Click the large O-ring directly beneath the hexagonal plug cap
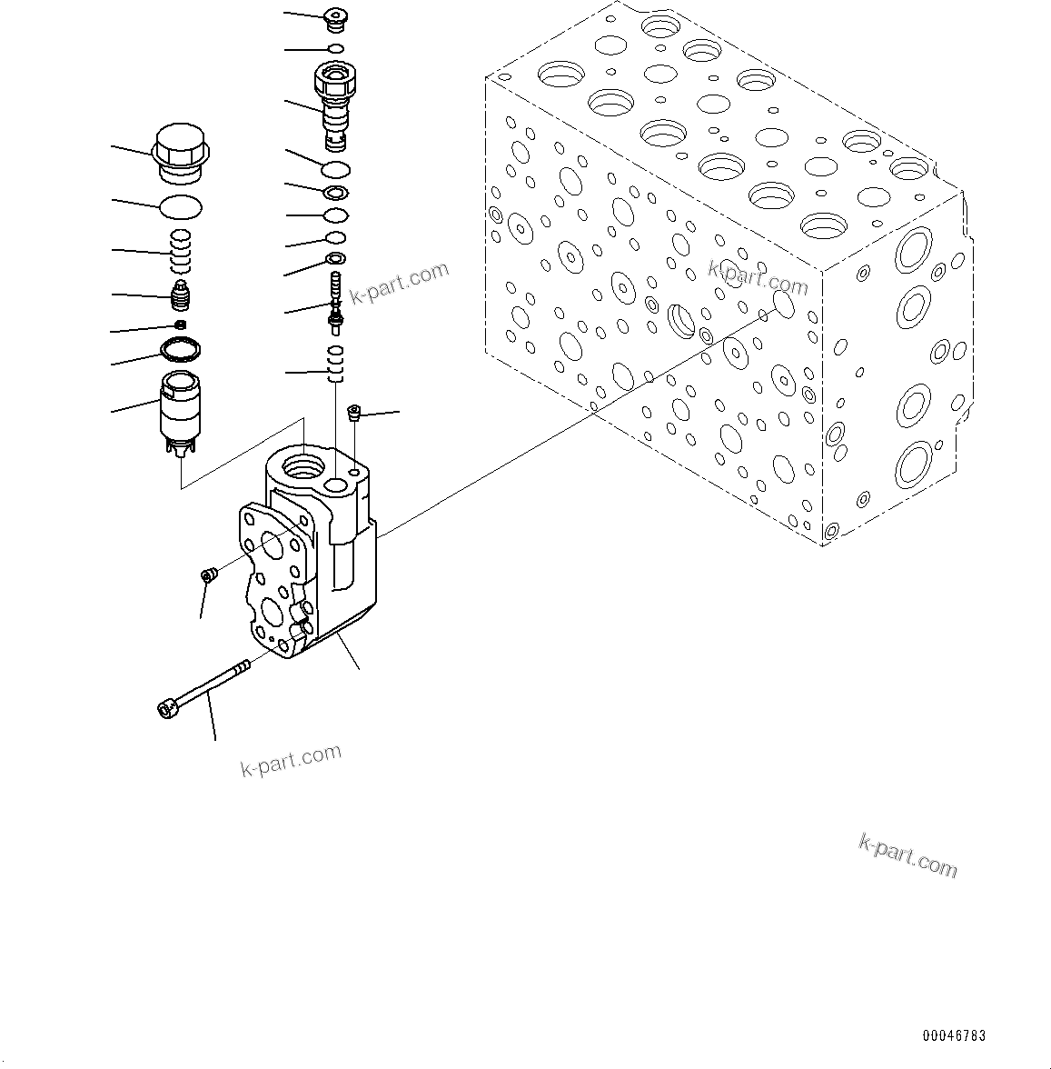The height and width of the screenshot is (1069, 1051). click(181, 207)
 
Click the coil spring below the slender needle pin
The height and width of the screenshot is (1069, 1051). click(336, 364)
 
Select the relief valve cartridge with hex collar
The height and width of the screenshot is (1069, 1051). click(335, 103)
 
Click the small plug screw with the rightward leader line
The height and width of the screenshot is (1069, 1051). click(355, 415)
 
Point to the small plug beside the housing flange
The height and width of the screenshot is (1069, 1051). click(209, 574)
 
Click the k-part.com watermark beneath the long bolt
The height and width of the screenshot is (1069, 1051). click(291, 760)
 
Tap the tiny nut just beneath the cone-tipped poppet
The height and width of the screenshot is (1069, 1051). click(181, 325)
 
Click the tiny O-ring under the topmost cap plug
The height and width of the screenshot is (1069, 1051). click(336, 48)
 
